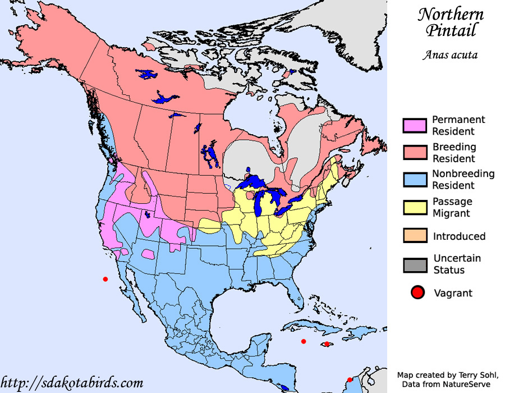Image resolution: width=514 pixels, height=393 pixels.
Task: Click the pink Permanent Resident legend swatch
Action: tap(415, 126)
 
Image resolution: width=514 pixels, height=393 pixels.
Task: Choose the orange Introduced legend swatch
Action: tap(415, 236)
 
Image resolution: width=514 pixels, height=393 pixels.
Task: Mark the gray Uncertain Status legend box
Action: tap(415, 264)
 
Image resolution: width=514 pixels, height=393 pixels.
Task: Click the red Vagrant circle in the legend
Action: tap(417, 293)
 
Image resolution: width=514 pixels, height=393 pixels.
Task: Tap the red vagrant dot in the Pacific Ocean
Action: tap(104, 279)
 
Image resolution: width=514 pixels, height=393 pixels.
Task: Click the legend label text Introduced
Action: tap(459, 236)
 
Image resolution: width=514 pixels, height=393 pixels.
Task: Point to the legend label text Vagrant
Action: tap(453, 293)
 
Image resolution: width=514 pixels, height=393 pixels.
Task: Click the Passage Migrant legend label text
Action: tap(452, 207)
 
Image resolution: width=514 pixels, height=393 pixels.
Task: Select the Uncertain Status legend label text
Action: tap(457, 264)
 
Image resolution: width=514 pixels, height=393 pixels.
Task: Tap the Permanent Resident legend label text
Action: tap(458, 125)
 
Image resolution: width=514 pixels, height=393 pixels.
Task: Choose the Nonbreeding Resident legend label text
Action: tap(463, 180)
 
